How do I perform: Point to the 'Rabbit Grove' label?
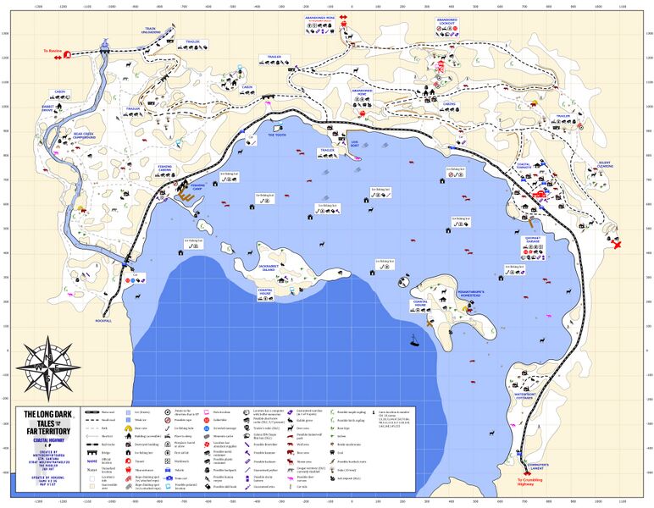(47, 108)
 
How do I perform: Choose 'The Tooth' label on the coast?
(278, 135)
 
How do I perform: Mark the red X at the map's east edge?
(618, 246)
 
